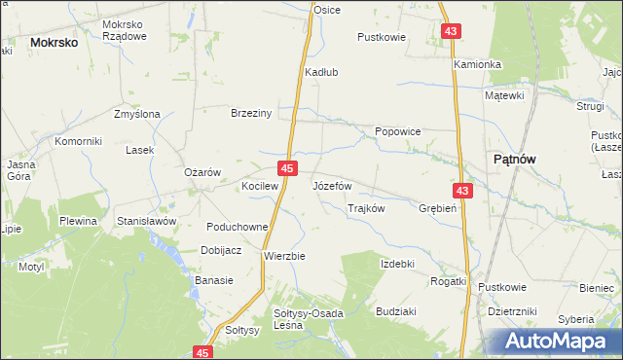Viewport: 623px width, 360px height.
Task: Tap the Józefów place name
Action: (332, 185)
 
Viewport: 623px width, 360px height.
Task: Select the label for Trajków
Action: (367, 208)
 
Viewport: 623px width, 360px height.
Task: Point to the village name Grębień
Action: (436, 208)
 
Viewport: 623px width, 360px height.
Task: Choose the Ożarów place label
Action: (203, 172)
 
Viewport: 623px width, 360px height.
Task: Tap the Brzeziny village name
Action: (250, 113)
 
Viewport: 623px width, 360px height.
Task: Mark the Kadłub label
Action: (321, 71)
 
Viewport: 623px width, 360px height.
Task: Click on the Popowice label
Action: (398, 130)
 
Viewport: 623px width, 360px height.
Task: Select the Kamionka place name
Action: (477, 64)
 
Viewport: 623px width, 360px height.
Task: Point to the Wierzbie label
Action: (285, 256)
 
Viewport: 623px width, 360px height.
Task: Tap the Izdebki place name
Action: (398, 264)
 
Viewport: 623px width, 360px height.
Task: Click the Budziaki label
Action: (395, 314)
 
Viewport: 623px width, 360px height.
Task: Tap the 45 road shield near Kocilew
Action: (287, 169)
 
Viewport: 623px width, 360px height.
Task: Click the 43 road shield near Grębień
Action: (463, 192)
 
